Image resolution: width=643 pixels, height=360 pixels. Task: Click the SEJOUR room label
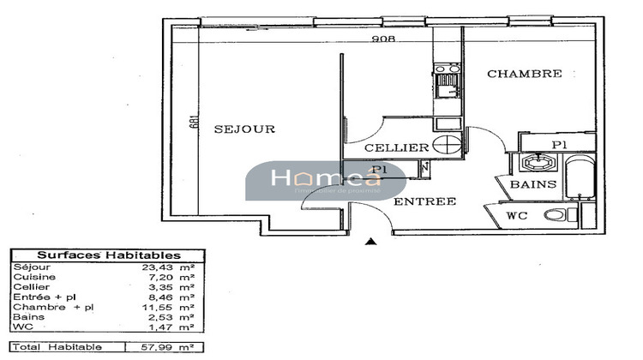244,129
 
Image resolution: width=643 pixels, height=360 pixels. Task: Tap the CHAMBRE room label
525,75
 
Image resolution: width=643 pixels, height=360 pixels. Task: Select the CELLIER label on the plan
396,148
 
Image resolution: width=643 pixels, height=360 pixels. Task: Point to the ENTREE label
424,201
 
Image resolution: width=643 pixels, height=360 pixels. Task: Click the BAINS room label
533,184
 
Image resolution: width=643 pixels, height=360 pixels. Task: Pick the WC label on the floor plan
517,215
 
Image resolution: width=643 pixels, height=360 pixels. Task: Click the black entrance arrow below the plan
370,243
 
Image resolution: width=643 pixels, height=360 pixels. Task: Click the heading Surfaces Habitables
107,255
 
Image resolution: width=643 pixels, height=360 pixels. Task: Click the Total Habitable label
57,346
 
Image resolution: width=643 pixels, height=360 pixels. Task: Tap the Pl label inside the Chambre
558,144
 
